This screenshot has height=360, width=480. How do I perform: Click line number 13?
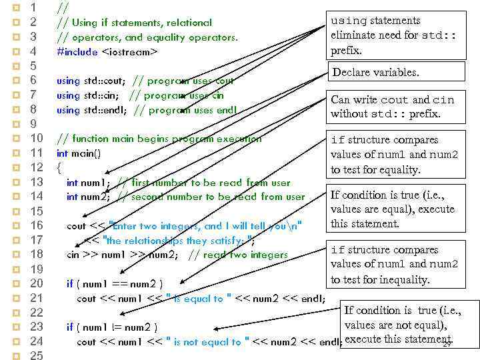click(x=37, y=182)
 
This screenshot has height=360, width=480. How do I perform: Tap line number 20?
click(x=37, y=283)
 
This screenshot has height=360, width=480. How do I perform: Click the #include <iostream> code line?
click(x=107, y=51)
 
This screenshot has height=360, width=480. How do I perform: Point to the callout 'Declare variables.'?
click(x=375, y=73)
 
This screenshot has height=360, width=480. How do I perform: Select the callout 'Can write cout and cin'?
click(x=393, y=107)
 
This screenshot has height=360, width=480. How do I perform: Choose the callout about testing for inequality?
click(x=394, y=265)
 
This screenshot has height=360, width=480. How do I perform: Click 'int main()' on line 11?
click(x=79, y=153)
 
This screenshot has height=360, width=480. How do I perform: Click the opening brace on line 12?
click(x=59, y=167)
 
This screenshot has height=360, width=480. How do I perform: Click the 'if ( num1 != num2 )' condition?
click(x=112, y=327)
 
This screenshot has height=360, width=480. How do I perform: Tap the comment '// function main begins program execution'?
click(x=159, y=139)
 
